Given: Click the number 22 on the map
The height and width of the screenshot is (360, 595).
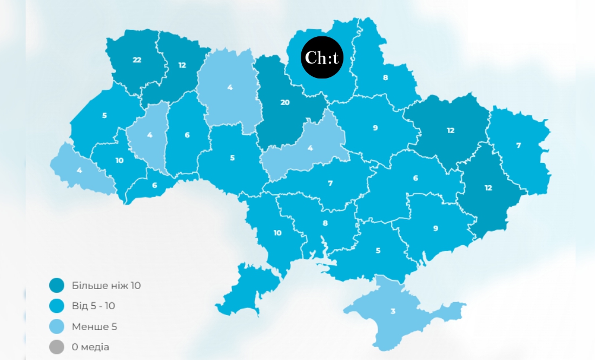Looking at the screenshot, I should coord(137,60).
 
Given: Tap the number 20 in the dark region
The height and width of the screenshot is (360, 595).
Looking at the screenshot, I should coord(285,102).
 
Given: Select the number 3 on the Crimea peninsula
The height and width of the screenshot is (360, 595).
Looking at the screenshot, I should coord(393,312).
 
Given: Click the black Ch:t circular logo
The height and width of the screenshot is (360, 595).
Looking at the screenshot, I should coord(322,57).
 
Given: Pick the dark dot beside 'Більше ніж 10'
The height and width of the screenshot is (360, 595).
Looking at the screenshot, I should coord(56,285).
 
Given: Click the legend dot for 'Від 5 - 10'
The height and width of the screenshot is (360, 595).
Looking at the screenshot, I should coord(56,306).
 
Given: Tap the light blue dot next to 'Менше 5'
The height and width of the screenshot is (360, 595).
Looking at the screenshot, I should coord(56,326).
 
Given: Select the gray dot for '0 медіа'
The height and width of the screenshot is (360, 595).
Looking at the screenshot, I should coord(56,347).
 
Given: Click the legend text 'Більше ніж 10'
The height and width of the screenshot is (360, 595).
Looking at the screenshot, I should coord(106,285).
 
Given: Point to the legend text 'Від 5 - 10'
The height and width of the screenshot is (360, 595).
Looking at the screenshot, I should coord(93,306).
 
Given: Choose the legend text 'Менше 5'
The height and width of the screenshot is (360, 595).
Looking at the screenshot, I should coord(94,326).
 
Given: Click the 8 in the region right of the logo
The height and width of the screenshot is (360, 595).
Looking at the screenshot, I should coord(385,78).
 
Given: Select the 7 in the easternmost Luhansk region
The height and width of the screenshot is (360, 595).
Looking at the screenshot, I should coord(518,146).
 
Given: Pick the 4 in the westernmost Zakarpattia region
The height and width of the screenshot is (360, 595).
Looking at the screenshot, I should coord(79,170).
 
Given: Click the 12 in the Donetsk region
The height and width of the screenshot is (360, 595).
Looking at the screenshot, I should coord(488,188).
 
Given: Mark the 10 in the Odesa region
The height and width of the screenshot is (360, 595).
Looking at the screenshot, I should coord(277,233).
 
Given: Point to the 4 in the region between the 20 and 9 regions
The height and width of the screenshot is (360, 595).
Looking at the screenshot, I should coord(310,148).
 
